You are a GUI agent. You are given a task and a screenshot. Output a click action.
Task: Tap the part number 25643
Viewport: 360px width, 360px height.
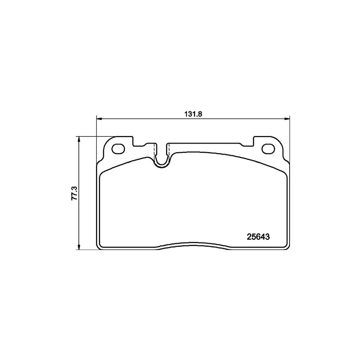coord(257,236)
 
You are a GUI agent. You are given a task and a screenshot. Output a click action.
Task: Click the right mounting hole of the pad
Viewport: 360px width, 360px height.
coord(267,149)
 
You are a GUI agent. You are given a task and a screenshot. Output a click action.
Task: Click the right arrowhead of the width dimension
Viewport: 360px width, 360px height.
coord(287,118)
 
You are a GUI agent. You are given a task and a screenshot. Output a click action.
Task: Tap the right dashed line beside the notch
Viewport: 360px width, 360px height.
coord(169,151)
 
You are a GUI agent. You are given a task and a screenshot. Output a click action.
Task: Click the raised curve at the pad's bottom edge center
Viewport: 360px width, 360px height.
coord(193,243)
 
